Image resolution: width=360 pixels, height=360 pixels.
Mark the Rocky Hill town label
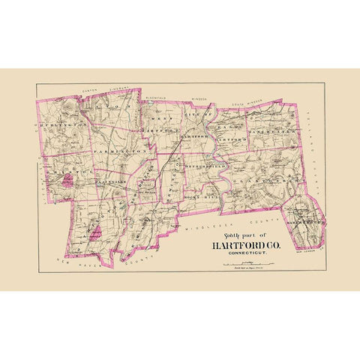coord(202,186)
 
